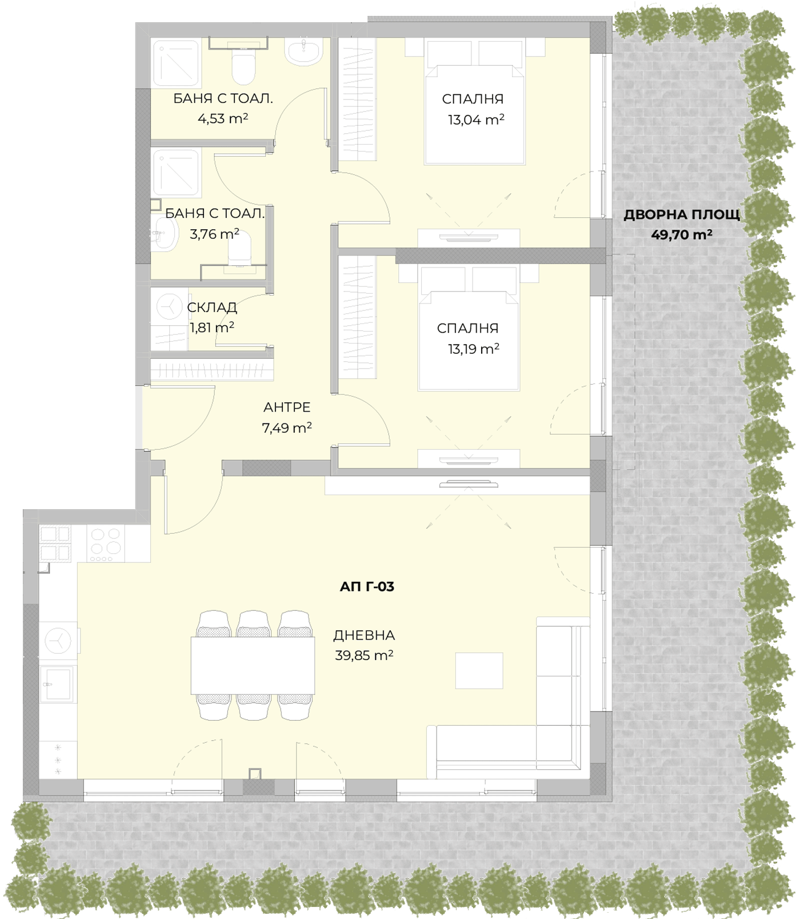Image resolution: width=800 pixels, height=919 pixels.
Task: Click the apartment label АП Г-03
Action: (x=367, y=586)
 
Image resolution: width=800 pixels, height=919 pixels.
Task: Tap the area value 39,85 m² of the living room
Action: (x=364, y=655)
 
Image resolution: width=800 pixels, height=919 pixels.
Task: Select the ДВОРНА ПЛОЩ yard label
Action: (x=682, y=215)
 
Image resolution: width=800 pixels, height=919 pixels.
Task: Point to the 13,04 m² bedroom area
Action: (x=476, y=119)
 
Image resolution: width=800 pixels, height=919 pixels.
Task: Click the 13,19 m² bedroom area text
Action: (x=473, y=349)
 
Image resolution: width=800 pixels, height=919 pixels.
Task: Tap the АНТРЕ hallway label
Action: (x=287, y=407)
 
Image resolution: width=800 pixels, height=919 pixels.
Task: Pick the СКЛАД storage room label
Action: (x=212, y=307)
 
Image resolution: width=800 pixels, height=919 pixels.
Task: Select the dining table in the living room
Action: (x=253, y=666)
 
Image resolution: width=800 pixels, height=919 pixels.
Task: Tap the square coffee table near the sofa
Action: (x=479, y=670)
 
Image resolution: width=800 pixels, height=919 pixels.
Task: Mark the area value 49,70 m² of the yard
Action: (x=682, y=234)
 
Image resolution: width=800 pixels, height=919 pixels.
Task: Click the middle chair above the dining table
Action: (x=253, y=624)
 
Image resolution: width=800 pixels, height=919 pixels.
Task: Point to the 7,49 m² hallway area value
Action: (x=287, y=427)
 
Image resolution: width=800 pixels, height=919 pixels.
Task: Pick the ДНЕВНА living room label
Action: (x=364, y=635)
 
